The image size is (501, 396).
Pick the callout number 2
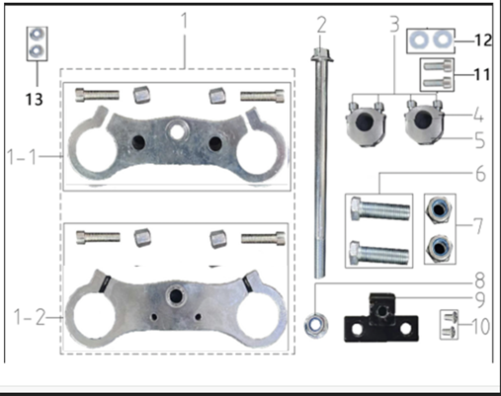point(321,23)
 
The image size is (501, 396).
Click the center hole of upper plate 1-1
point(178,130)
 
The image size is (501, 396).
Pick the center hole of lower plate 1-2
point(178,292)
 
